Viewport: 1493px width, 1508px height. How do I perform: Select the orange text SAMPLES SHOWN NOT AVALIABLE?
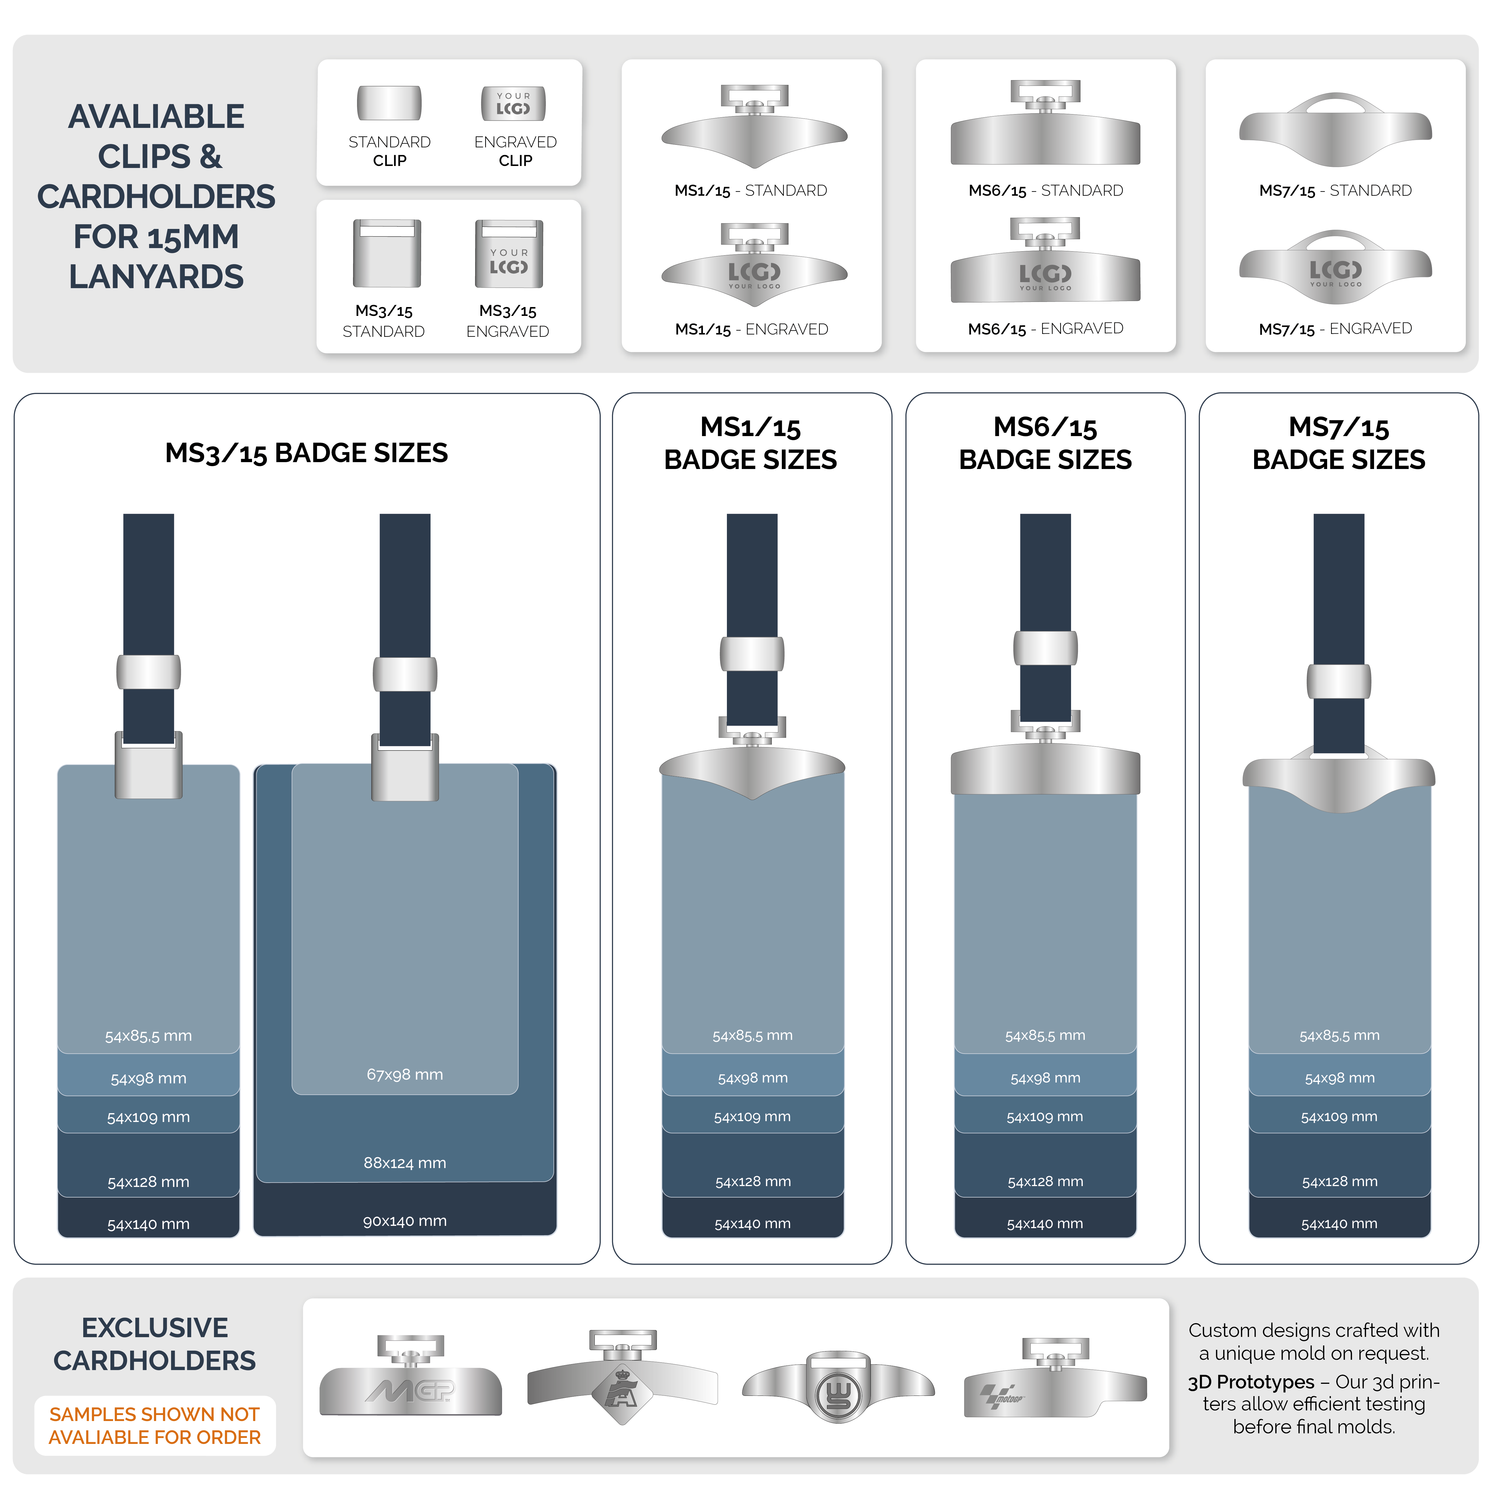click(154, 1425)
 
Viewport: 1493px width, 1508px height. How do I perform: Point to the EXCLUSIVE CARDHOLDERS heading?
click(154, 1343)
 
